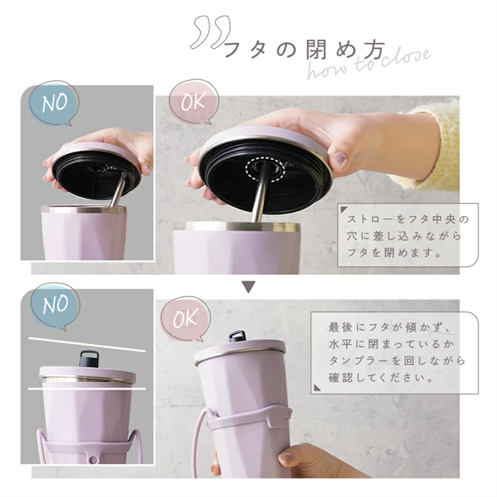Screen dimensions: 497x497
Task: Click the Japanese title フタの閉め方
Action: [x=305, y=50]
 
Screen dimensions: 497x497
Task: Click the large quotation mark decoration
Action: [x=210, y=32]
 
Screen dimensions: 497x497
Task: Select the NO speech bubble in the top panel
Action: [x=54, y=103]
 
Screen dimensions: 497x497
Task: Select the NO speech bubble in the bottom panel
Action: [x=55, y=305]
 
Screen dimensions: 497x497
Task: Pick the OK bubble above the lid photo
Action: [x=193, y=102]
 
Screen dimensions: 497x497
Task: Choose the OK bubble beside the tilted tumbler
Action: [x=186, y=319]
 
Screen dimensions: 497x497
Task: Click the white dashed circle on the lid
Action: [x=265, y=169]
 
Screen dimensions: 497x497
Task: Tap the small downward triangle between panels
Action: [x=248, y=287]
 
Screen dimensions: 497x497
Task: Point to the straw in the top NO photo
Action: [x=117, y=189]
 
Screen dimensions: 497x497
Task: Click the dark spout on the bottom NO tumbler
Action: [x=89, y=359]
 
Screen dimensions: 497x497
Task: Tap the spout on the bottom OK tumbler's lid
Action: [x=238, y=336]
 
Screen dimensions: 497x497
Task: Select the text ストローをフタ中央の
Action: [x=408, y=219]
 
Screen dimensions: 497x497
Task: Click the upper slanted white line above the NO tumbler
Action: [x=87, y=345]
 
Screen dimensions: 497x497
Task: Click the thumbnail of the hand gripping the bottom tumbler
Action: [x=287, y=457]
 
